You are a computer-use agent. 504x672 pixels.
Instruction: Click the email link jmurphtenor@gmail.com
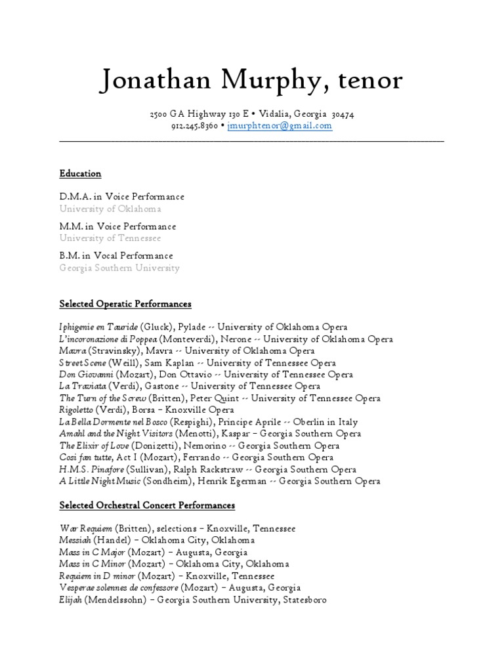coord(280,126)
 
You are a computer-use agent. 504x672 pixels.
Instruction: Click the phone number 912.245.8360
coord(195,126)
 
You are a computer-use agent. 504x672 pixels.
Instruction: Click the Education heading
coord(80,174)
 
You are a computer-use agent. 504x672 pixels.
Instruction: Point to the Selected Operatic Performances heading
coord(125,304)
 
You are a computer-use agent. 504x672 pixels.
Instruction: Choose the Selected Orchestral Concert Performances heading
coord(147,505)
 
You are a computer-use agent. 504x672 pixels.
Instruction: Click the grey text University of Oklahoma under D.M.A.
coord(110,209)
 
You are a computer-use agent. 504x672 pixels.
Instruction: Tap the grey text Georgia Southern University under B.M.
coord(119,268)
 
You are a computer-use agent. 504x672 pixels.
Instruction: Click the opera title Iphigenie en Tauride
coord(98,327)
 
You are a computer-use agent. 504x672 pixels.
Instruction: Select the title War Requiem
coord(86,528)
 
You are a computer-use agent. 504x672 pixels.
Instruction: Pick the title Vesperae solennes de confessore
coord(118,587)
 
